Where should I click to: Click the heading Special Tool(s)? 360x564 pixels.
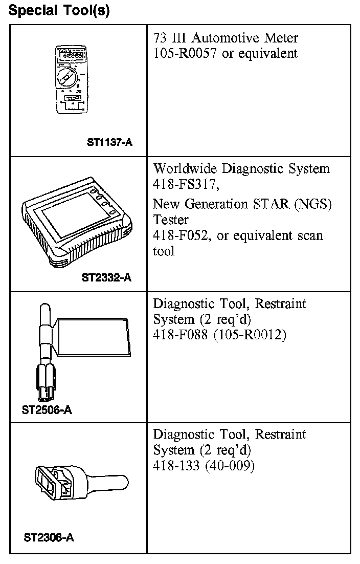tap(59, 11)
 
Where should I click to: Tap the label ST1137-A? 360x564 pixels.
tap(109, 143)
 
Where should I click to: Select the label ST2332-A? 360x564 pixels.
tap(106, 278)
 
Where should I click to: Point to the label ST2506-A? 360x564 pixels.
tap(47, 410)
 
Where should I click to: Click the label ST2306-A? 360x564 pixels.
tap(49, 538)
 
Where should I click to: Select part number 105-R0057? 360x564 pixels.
tap(184, 53)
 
